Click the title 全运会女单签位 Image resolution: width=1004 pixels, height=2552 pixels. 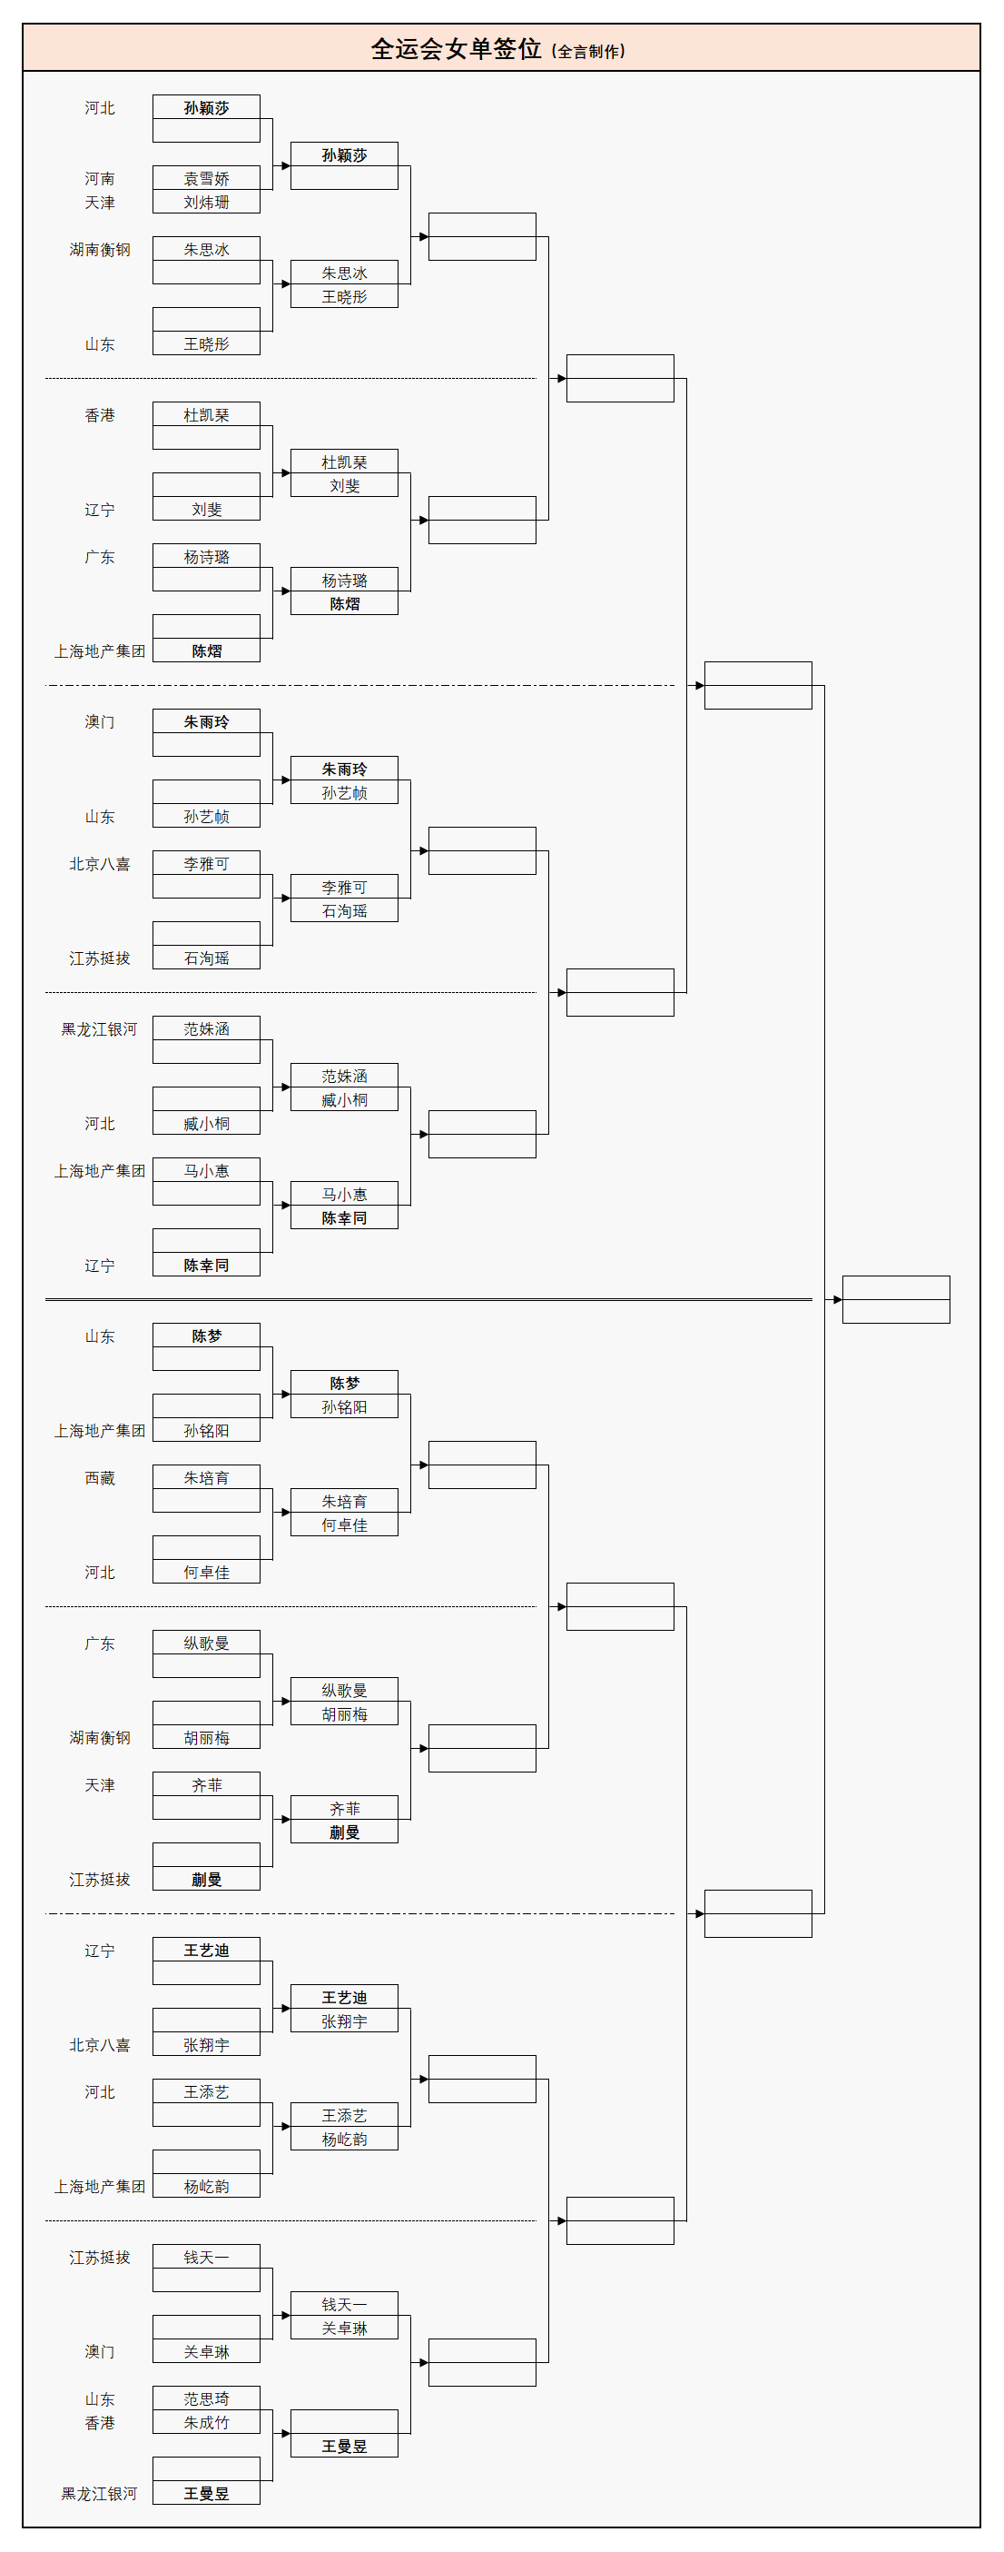tap(456, 48)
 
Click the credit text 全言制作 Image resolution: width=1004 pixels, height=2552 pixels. tap(588, 52)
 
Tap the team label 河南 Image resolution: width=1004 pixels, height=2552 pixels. tap(99, 178)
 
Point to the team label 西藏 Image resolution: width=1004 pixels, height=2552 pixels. tap(99, 1478)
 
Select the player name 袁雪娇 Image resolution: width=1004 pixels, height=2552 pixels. tap(206, 178)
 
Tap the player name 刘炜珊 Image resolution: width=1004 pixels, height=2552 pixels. tap(206, 202)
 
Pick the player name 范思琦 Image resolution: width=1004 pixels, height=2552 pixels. tap(206, 2398)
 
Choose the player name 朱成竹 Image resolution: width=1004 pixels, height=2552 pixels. tap(206, 2422)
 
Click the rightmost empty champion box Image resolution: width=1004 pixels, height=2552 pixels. tap(895, 1299)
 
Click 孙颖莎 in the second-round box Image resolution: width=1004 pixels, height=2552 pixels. tap(343, 154)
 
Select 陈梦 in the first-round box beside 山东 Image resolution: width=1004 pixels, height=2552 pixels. tap(206, 1336)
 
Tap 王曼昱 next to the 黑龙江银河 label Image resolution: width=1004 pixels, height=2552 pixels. tap(206, 2494)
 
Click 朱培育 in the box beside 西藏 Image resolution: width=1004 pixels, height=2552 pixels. tap(206, 1478)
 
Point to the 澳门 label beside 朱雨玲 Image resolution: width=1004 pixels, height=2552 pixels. tap(99, 722)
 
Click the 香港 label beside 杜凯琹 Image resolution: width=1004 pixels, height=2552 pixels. tap(99, 415)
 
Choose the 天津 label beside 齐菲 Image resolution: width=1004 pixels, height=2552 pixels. tap(99, 1785)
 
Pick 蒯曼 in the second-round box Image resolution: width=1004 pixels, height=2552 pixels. tap(343, 1832)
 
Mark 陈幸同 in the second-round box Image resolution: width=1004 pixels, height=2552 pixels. tap(343, 1218)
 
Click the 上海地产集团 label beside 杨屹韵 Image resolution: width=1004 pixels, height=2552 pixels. tap(99, 2187)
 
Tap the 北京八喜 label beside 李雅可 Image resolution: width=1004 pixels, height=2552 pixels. tap(99, 864)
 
